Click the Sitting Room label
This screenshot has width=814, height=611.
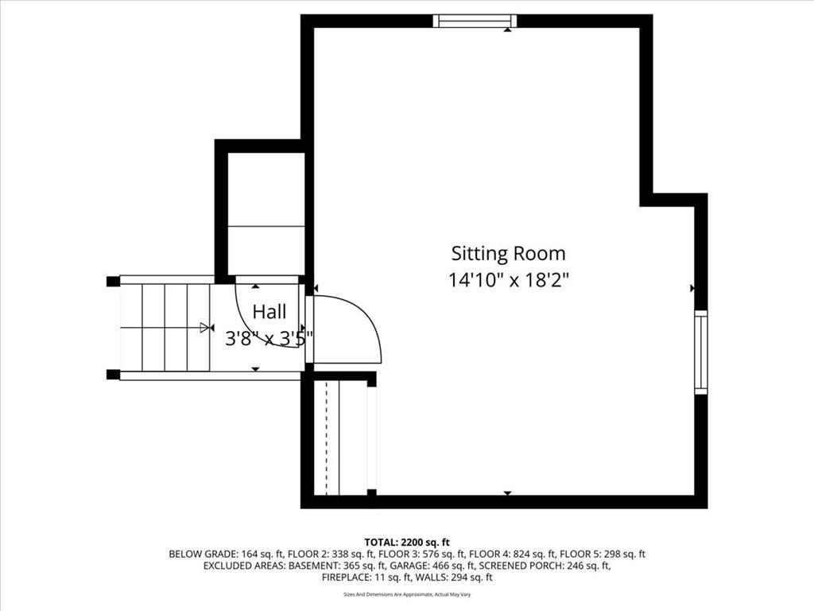coord(508,254)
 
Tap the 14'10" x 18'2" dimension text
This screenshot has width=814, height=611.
coord(509,281)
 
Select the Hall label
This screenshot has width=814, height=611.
coord(269,312)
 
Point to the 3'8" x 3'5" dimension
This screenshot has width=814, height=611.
coord(269,339)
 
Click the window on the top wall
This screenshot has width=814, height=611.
coord(475,21)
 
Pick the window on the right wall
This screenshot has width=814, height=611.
coord(701,352)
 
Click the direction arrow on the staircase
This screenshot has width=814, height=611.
coord(207,327)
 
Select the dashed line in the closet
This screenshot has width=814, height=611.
coord(327,438)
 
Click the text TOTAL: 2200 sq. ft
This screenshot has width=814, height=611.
coord(407,543)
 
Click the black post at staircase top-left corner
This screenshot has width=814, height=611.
coord(113,281)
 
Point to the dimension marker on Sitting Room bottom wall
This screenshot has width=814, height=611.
coord(508,492)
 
